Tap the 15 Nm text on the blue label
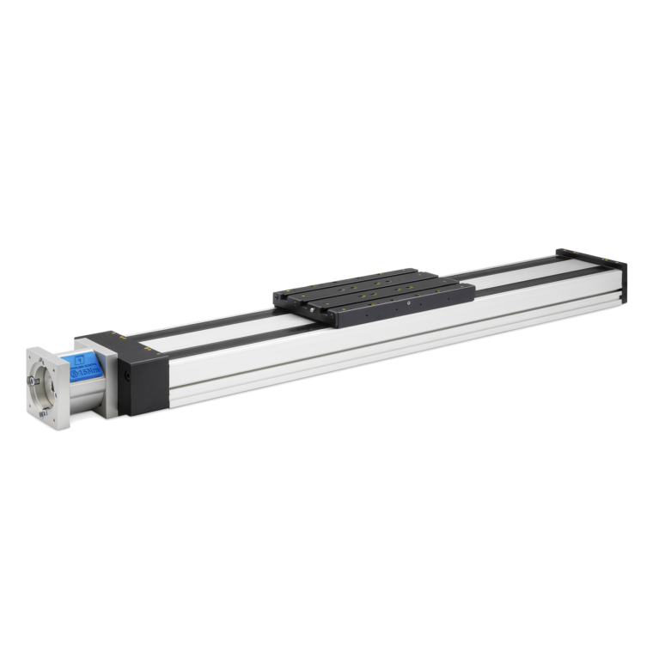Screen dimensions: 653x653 tap(88, 374)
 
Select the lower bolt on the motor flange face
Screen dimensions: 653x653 tap(44, 419)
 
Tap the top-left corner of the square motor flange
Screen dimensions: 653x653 tap(28, 347)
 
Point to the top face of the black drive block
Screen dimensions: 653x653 tap(120, 345)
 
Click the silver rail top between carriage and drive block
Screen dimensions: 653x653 tap(215, 331)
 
